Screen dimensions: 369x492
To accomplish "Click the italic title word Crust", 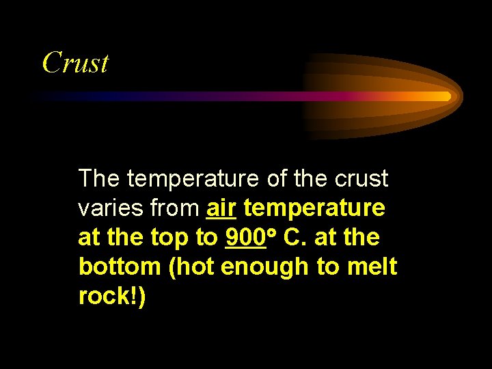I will tap(75, 63).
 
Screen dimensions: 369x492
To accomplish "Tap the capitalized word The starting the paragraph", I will tap(100, 179).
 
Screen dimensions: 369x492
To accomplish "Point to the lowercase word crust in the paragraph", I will tap(362, 179).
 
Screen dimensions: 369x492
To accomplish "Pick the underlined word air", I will tap(221, 208).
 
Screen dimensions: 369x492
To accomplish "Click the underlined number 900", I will tap(245, 238).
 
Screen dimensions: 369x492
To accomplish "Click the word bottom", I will tap(118, 267).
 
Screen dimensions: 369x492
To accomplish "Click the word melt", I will tap(374, 267).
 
